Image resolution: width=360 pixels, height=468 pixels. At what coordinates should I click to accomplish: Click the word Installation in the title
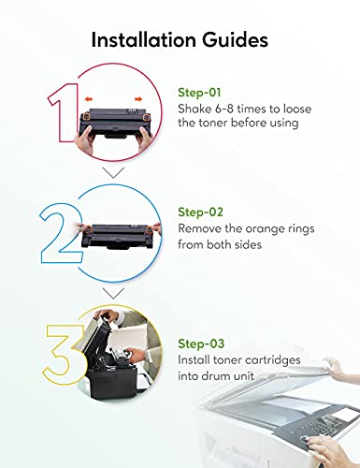pyautogui.click(x=144, y=40)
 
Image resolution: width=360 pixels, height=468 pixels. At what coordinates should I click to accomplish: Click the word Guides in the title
pyautogui.click(x=235, y=40)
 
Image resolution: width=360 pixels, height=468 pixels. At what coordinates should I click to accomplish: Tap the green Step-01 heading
pyautogui.click(x=199, y=93)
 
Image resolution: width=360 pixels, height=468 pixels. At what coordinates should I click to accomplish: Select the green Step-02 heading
pyautogui.click(x=200, y=212)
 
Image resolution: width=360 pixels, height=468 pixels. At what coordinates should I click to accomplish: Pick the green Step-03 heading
pyautogui.click(x=201, y=344)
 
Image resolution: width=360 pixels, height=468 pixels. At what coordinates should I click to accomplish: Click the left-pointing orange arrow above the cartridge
pyautogui.click(x=89, y=99)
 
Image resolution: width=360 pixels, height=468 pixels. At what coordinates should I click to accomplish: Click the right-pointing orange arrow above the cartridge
pyautogui.click(x=138, y=99)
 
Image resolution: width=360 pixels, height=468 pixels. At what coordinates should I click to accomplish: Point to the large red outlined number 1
pyautogui.click(x=64, y=112)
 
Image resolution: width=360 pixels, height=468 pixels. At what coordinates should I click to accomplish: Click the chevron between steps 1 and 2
pyautogui.click(x=113, y=172)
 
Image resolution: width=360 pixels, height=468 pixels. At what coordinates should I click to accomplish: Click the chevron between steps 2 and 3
pyautogui.click(x=113, y=293)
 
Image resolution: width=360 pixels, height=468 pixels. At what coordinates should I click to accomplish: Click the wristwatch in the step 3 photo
pyautogui.click(x=147, y=356)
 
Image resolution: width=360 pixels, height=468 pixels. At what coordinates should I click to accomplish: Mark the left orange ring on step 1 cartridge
pyautogui.click(x=86, y=117)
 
